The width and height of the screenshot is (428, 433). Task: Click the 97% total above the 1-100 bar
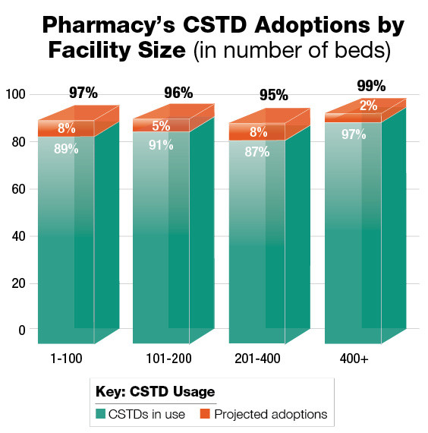tap(83, 93)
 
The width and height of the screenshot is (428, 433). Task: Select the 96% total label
tap(178, 94)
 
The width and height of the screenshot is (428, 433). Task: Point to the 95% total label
tap(273, 96)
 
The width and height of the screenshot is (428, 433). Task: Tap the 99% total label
tap(371, 86)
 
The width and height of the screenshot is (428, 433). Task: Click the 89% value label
tap(66, 149)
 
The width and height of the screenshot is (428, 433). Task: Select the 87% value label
tap(256, 151)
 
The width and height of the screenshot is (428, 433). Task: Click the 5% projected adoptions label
tap(161, 127)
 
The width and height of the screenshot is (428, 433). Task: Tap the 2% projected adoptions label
tap(369, 106)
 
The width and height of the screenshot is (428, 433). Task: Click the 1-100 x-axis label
tap(66, 358)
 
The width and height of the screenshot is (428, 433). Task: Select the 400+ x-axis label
tap(353, 358)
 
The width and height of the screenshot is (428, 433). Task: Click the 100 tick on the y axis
tap(15, 95)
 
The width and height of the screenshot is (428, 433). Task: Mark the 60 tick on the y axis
tap(18, 189)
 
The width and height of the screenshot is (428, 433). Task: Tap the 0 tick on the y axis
tap(22, 330)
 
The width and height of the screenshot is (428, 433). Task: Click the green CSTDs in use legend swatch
tap(101, 414)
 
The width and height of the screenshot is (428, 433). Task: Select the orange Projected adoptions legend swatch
tap(205, 414)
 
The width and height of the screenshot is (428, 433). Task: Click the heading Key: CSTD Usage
tap(155, 392)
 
